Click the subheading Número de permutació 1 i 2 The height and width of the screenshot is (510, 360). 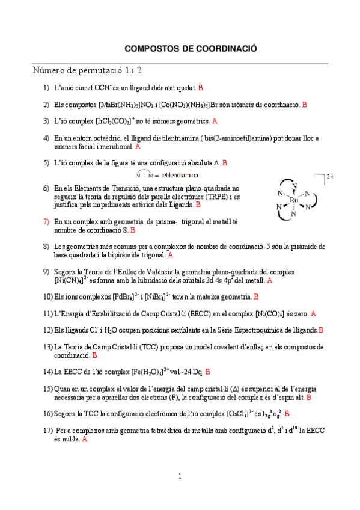click(87, 71)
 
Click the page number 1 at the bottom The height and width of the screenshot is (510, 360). click(180, 476)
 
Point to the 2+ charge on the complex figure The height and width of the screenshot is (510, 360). click(329, 177)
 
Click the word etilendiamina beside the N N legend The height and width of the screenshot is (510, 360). click(181, 175)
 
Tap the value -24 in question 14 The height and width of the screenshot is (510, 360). click(180, 372)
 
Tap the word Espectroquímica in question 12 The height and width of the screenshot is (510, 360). click(237, 330)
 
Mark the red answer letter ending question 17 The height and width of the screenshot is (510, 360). click(85, 440)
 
